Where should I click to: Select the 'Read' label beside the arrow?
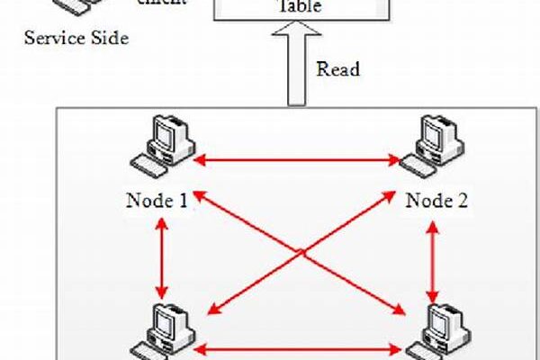(337, 69)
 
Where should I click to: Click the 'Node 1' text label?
(157, 200)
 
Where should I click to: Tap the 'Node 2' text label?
(436, 200)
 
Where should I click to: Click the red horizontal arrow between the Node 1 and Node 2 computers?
(297, 161)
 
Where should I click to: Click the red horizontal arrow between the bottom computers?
(297, 346)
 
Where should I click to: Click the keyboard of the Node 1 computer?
(146, 167)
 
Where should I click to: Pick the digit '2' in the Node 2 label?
(463, 200)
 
